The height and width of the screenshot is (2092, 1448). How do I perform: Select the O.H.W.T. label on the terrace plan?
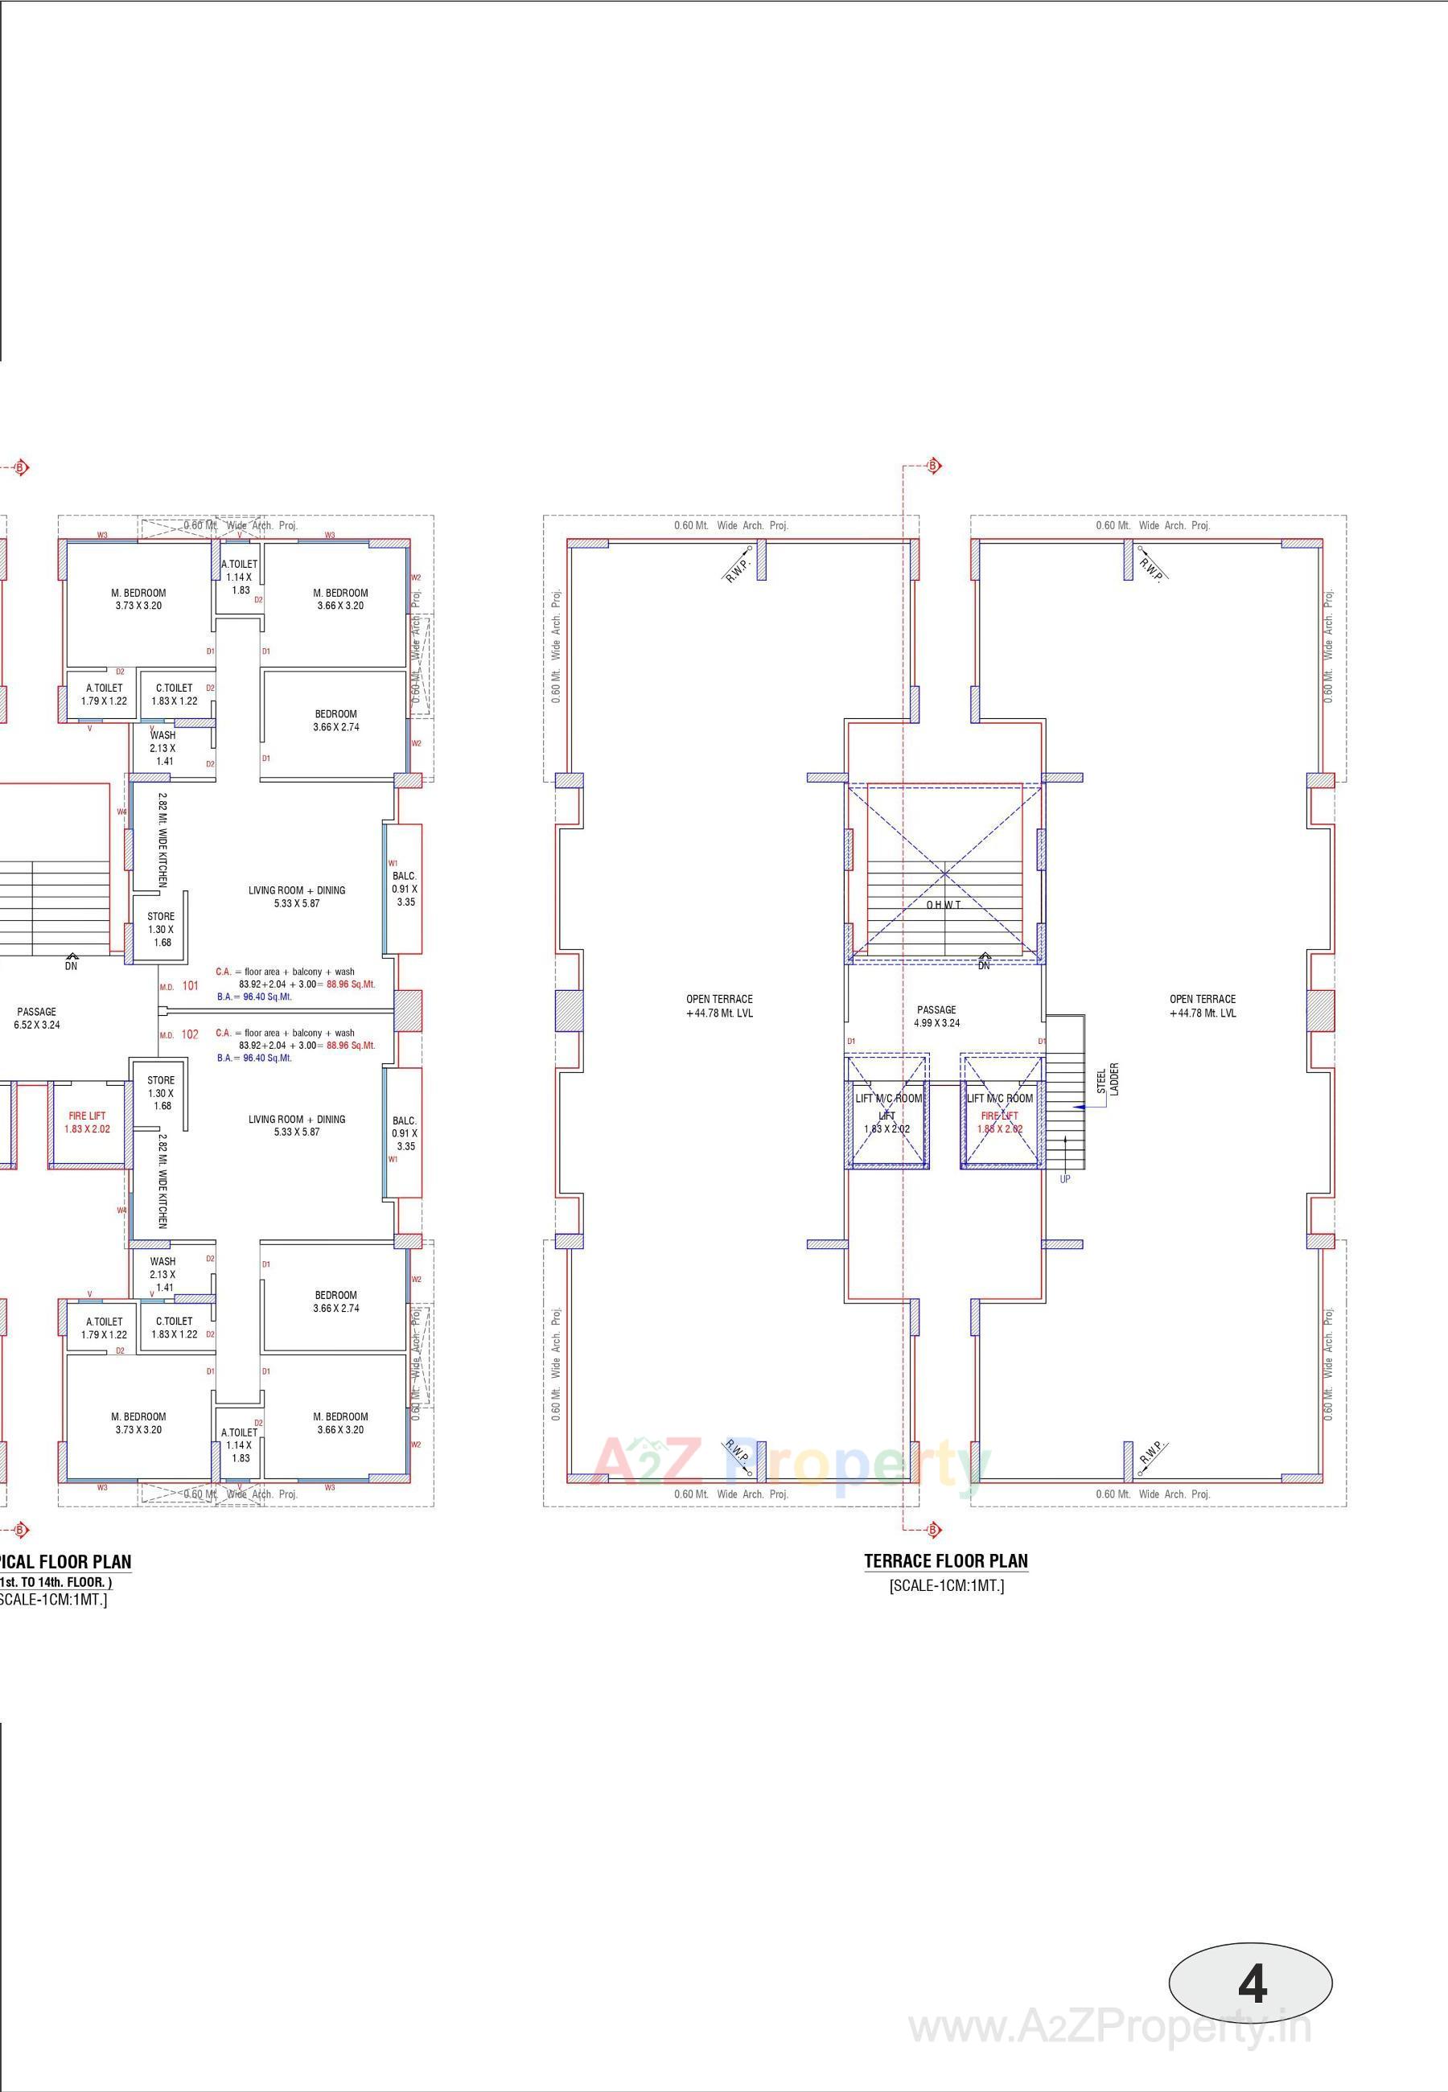coord(944,905)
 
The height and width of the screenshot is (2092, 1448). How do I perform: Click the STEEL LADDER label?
coord(1107,1079)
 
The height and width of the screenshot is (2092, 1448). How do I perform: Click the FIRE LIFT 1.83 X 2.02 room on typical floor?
coord(87,1122)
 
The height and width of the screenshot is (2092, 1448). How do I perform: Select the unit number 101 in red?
coord(190,985)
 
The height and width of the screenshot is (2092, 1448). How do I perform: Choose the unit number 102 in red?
coord(190,1034)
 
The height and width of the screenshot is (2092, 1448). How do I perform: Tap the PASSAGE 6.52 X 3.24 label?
coord(36,1018)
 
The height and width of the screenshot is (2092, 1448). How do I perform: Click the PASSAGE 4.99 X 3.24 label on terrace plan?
coord(936,1016)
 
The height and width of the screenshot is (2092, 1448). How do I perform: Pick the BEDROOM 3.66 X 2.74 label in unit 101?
coord(335,721)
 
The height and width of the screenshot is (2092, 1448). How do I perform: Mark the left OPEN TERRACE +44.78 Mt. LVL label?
coord(718,1005)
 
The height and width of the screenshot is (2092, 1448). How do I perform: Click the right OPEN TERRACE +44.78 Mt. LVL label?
coord(1202,1005)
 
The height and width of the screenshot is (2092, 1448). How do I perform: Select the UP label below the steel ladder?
coord(1065,1179)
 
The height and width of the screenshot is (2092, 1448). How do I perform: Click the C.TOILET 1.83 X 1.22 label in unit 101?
coord(175,694)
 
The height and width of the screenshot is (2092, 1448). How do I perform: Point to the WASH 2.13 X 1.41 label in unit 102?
coord(163,1274)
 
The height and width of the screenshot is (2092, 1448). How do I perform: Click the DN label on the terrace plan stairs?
coord(984,965)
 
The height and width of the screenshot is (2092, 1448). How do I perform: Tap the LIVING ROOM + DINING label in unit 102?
coord(297,1125)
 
